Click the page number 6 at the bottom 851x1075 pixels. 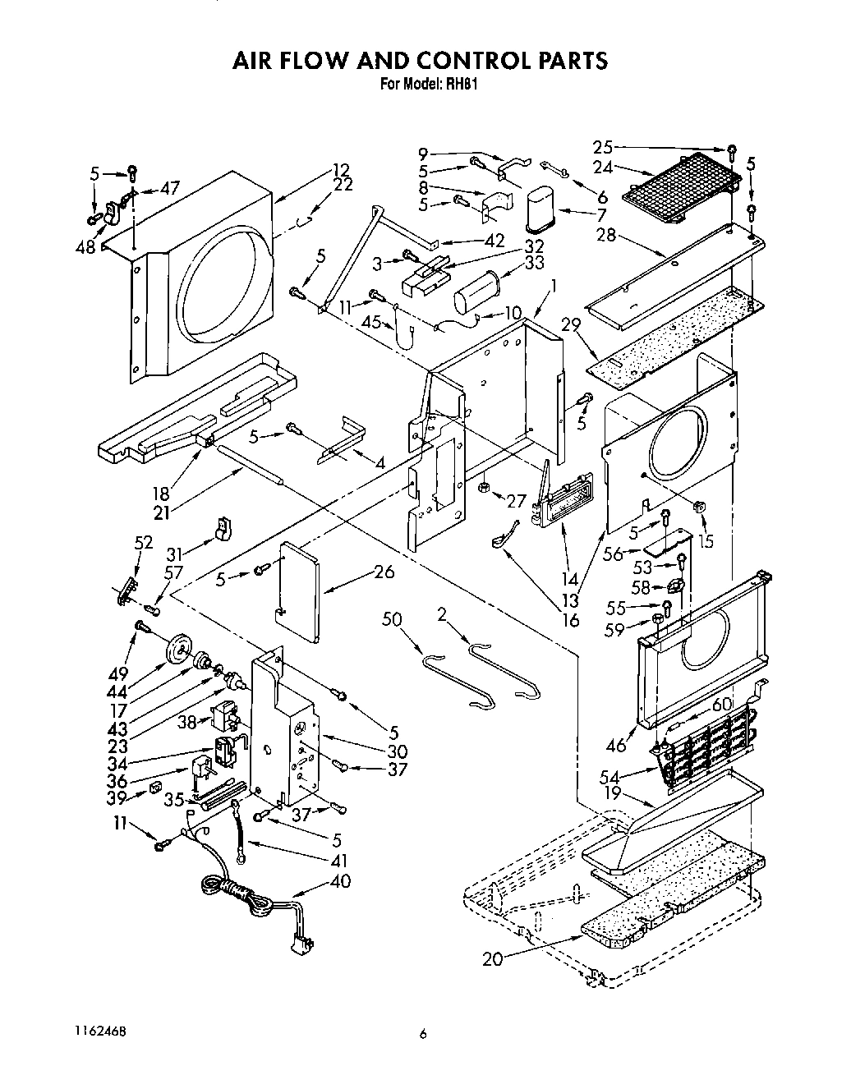pyautogui.click(x=424, y=1035)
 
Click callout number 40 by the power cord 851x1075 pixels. pyautogui.click(x=339, y=881)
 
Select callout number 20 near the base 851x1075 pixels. pyautogui.click(x=493, y=958)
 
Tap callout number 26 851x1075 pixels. pyautogui.click(x=384, y=572)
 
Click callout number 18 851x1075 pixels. pyautogui.click(x=161, y=494)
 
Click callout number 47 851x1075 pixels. pyautogui.click(x=171, y=188)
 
